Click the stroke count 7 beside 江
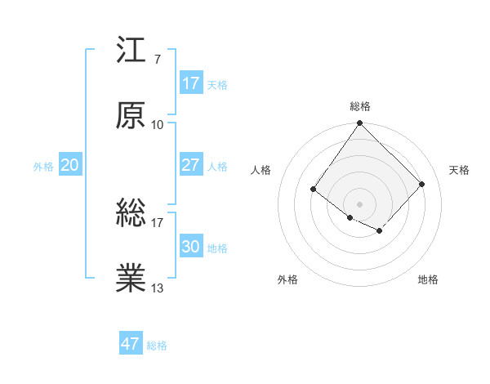(157, 60)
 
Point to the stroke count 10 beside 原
(158, 125)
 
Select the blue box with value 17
(190, 83)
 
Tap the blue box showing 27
(190, 165)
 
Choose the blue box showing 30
(190, 247)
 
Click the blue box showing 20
(69, 165)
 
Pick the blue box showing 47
(131, 344)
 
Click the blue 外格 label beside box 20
(43, 167)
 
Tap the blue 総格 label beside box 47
(157, 346)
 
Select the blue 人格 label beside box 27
(217, 167)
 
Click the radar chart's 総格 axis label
(360, 106)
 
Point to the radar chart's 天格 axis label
(459, 170)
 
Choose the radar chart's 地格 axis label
(428, 280)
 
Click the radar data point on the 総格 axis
(360, 124)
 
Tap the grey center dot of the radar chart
(360, 203)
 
